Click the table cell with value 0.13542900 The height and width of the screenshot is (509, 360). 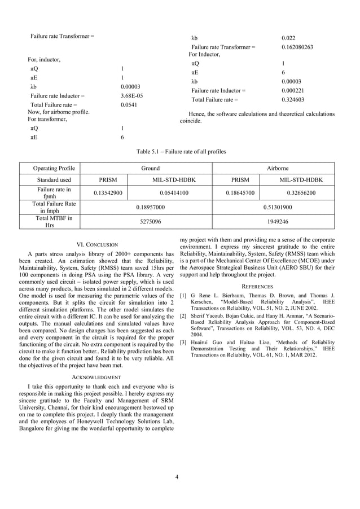pyautogui.click(x=108, y=193)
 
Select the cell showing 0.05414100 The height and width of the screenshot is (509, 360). pyautogui.click(x=170, y=193)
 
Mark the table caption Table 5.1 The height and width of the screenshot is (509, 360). pyautogui.click(x=181, y=152)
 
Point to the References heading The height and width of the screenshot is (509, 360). pyautogui.click(x=257, y=286)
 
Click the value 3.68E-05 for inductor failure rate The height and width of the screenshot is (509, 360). pyautogui.click(x=132, y=96)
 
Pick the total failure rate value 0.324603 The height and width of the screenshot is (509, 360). pyautogui.click(x=293, y=99)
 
